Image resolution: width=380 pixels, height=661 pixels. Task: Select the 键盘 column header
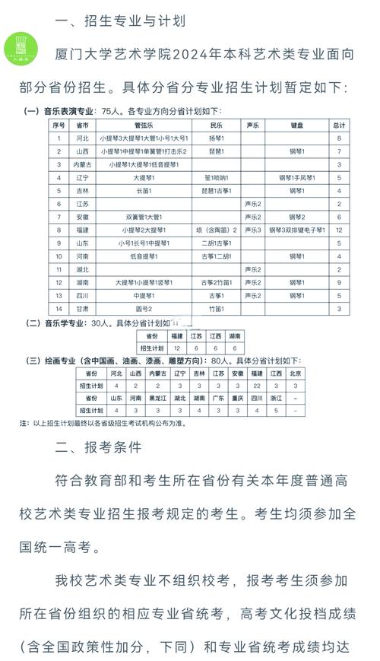[x=298, y=124]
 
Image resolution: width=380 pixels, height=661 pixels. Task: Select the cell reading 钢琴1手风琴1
[x=298, y=176]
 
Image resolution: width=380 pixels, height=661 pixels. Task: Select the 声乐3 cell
[x=253, y=229]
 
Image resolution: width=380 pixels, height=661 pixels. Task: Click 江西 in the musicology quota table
[x=216, y=335]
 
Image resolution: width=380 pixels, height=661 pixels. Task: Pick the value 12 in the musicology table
[x=177, y=347]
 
